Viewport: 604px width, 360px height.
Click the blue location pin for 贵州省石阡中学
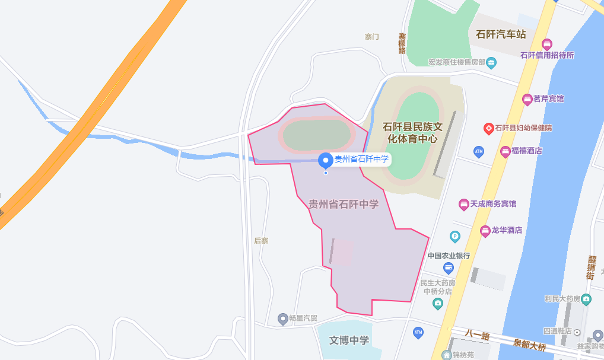coord(325,160)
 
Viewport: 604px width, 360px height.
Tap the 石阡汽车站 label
coord(501,34)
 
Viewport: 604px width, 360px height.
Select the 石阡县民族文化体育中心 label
coord(414,133)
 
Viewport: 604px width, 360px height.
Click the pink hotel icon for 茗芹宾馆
coord(526,98)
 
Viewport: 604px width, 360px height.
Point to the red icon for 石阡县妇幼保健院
coord(488,128)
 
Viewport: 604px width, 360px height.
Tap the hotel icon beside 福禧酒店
coord(505,151)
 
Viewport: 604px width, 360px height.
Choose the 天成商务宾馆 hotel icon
coord(463,204)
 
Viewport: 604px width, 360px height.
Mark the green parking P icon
coord(455,236)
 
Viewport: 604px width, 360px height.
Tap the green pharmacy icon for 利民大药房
coord(586,298)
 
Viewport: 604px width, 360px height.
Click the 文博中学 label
coord(349,340)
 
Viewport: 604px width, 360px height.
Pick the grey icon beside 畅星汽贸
coord(283,318)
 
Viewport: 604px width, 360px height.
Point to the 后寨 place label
coord(261,241)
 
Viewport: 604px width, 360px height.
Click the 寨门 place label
coord(372,37)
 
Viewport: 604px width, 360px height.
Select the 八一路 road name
coord(478,336)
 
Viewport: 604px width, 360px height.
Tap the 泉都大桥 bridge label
coord(529,345)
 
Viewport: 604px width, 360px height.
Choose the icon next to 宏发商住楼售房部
coord(491,62)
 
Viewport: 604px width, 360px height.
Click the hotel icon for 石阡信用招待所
coord(547,44)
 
